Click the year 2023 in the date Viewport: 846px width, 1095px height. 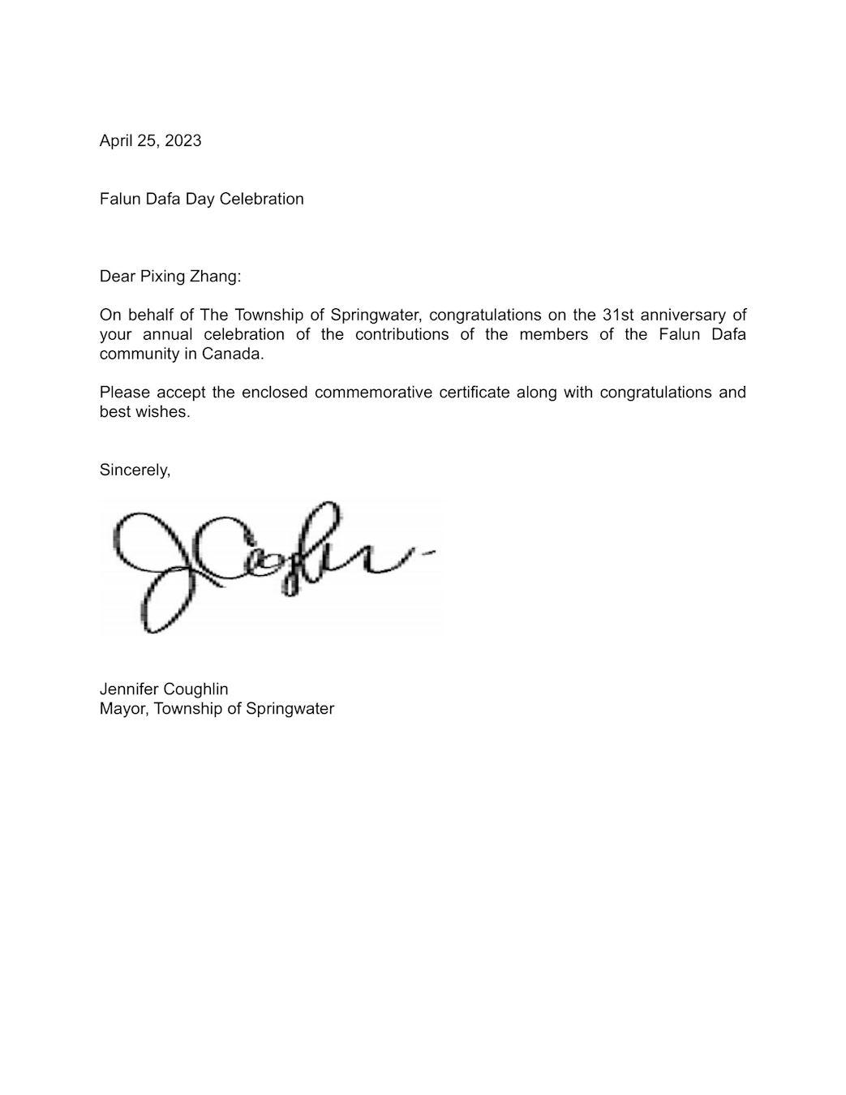pos(183,140)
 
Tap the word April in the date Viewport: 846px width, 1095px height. pos(115,140)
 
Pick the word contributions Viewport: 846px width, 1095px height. pos(402,334)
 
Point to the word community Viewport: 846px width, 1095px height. pos(135,354)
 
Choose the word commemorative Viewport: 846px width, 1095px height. pos(373,393)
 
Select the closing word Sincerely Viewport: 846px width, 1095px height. pos(135,470)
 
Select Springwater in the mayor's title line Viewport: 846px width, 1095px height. pos(290,708)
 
